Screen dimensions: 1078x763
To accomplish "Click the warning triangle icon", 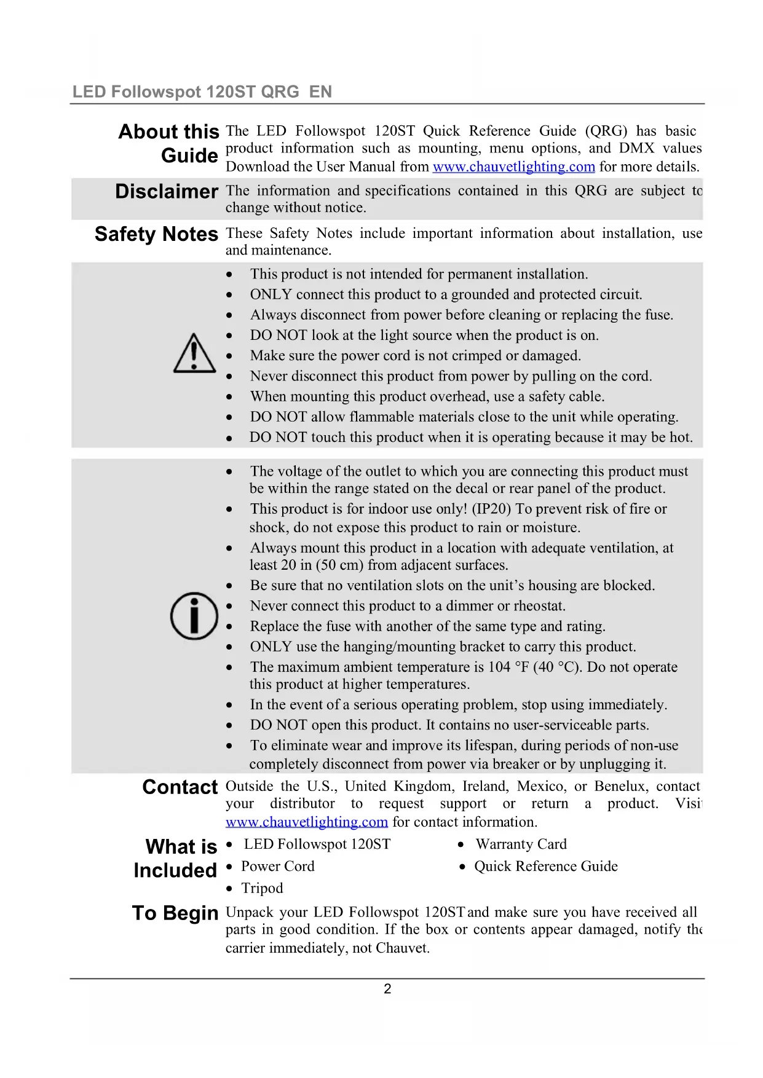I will tap(194, 354).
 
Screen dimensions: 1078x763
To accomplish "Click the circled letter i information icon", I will tap(194, 616).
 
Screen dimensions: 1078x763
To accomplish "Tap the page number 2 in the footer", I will tap(387, 989).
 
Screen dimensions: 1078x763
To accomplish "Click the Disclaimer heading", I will tap(167, 192).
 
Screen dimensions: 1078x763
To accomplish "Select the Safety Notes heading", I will tap(156, 234).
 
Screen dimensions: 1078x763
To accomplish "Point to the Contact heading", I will tap(180, 787).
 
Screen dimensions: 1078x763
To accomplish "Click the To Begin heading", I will tap(175, 913).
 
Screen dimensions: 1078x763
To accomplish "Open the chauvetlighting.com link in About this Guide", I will tap(513, 167).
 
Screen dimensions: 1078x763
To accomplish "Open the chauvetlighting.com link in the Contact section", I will tap(306, 822).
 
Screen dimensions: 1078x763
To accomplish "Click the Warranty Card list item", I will tap(521, 844).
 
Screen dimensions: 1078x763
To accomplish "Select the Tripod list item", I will tap(262, 889).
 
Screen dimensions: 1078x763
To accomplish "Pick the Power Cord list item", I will tap(277, 867).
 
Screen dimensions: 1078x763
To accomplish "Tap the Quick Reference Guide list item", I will tap(545, 867).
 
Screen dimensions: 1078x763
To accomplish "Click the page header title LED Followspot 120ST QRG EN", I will tap(202, 92).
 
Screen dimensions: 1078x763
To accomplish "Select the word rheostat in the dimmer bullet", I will tap(539, 606).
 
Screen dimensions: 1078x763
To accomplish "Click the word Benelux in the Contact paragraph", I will tap(617, 787).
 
